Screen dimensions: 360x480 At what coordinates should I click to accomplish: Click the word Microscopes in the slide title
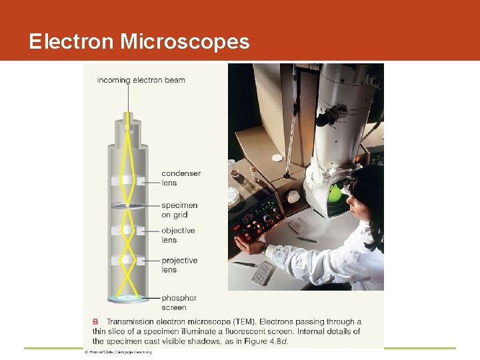[185, 42]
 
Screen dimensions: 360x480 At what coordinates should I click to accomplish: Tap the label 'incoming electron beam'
[141, 80]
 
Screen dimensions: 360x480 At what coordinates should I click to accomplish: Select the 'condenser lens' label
[180, 178]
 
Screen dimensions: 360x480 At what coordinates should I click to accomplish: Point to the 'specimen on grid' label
[179, 210]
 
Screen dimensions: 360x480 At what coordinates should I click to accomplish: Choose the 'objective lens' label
[177, 235]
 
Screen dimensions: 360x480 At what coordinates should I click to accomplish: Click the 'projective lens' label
[179, 265]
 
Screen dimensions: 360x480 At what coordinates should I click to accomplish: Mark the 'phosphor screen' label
[178, 303]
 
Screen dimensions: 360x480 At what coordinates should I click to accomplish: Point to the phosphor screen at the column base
[129, 297]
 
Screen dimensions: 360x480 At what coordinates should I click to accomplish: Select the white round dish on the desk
[277, 158]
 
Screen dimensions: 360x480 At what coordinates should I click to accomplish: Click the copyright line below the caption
[117, 351]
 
